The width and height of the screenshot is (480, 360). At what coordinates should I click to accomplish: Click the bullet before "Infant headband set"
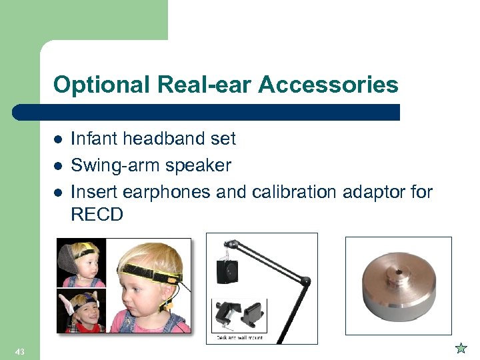pos(58,139)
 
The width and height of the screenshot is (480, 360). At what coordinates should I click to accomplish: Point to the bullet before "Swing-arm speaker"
pos(58,166)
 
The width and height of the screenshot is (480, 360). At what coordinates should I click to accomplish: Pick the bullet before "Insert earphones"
pos(58,193)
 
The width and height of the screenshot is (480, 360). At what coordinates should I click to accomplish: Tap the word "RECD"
pos(97,215)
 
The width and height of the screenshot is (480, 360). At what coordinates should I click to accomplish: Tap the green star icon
pos(460,347)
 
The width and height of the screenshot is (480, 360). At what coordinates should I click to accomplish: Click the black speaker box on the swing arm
pos(227,271)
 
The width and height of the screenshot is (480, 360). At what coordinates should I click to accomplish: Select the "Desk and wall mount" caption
pos(240,337)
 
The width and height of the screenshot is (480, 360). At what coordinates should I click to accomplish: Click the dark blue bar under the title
pos(207,112)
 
